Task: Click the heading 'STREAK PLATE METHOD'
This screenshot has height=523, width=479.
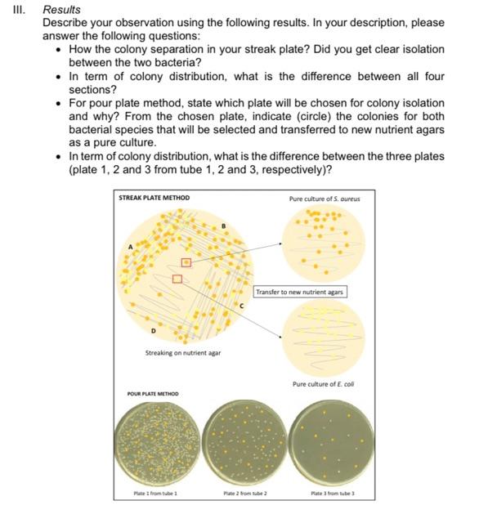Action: pos(154,198)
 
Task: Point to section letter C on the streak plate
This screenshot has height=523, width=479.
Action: pos(240,307)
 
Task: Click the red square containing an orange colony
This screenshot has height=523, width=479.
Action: pos(187,262)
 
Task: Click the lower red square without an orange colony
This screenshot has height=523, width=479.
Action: pos(177,279)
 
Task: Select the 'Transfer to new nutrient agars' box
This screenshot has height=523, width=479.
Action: pos(300,292)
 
